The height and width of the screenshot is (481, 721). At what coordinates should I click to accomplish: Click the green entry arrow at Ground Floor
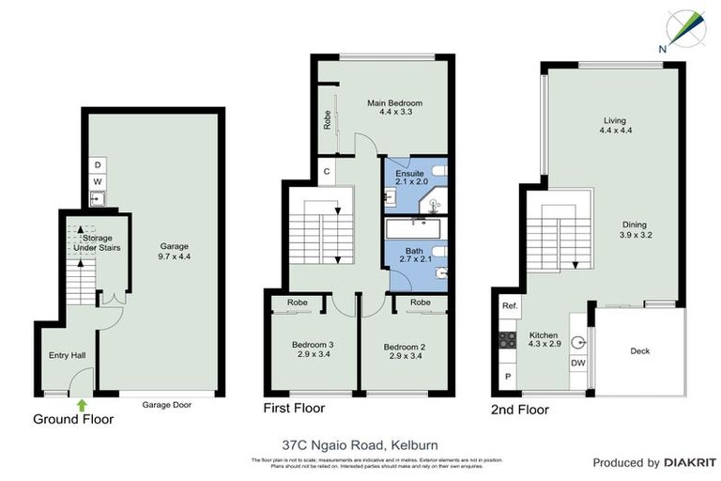pyautogui.click(x=82, y=405)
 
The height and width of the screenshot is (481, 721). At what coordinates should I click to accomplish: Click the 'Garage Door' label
pyautogui.click(x=161, y=405)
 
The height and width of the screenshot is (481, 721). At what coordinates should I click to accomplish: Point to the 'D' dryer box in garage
pyautogui.click(x=98, y=165)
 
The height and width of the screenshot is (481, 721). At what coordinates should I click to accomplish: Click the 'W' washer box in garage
pyautogui.click(x=98, y=181)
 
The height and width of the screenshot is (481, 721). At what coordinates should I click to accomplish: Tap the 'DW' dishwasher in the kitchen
pyautogui.click(x=578, y=364)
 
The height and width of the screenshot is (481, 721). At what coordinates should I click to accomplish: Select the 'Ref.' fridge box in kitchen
pyautogui.click(x=509, y=306)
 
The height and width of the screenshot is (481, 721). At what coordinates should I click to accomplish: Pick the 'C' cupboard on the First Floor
pyautogui.click(x=325, y=171)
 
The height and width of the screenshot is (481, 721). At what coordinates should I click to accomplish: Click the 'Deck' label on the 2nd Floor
pyautogui.click(x=639, y=351)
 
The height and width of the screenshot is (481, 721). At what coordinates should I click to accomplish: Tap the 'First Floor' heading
pyautogui.click(x=294, y=409)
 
